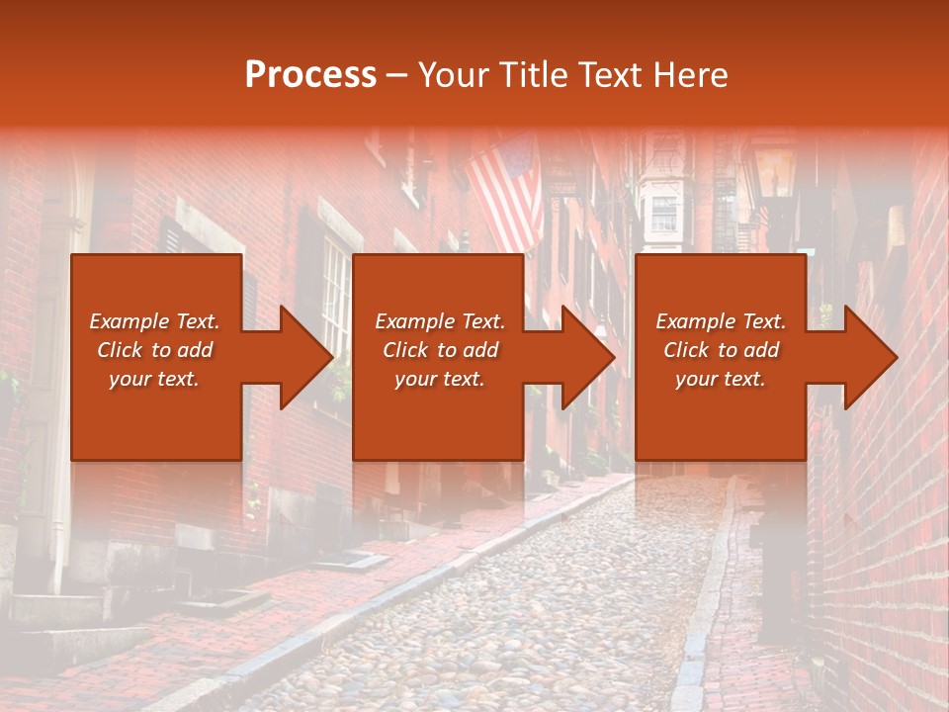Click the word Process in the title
310,75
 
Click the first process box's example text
155,350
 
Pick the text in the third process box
721,350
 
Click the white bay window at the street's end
663,208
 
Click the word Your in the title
455,75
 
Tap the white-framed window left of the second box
334,297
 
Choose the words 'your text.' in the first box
155,379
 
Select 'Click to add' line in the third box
721,350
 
